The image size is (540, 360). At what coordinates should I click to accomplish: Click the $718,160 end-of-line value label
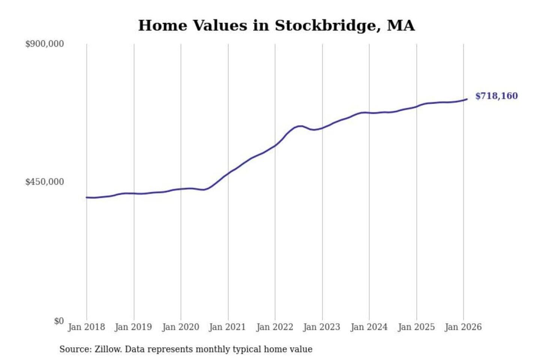[496, 96]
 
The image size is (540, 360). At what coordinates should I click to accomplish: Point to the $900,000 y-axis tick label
[45, 44]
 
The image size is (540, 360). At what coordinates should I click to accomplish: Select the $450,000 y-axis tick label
[45, 182]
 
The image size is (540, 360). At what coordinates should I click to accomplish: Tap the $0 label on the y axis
[59, 321]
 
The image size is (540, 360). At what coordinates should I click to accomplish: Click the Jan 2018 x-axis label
[86, 327]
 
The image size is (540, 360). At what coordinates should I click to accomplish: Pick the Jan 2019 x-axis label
[133, 327]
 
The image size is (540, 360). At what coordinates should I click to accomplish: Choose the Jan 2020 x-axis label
[180, 327]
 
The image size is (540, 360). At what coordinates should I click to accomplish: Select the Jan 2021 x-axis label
[227, 327]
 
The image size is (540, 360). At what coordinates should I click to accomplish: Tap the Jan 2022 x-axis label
[274, 327]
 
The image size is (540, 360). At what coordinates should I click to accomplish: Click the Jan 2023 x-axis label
[321, 327]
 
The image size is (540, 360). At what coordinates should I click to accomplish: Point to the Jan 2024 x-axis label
[369, 327]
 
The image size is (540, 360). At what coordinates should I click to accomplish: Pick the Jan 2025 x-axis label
[416, 327]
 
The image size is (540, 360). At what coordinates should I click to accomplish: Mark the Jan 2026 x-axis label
[463, 327]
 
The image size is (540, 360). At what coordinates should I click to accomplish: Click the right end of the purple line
[466, 99]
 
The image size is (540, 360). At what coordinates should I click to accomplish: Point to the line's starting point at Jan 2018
[87, 197]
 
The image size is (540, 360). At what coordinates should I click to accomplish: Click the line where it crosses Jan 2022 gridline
[275, 145]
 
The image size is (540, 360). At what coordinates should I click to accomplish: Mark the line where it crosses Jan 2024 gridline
[369, 112]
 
